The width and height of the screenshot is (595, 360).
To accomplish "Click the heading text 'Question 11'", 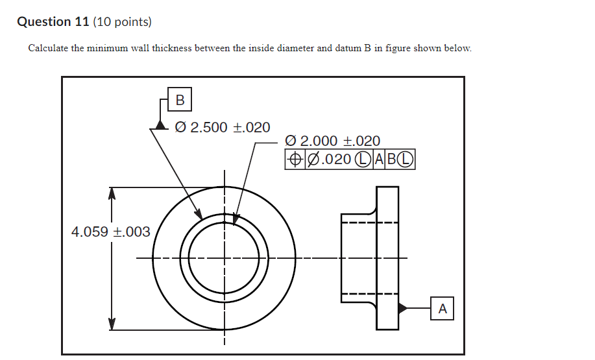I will pos(54,22).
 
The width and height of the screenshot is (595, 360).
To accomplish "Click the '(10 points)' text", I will pos(122,22).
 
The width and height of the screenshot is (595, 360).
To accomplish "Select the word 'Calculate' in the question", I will pos(48,49).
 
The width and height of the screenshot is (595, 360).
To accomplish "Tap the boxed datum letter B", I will pos(180,100).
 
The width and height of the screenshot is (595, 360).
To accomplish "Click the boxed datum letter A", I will pos(443,309).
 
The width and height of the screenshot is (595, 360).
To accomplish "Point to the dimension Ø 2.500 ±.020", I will pos(223,127).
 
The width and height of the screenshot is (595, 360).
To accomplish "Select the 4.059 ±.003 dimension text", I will pos(110,232).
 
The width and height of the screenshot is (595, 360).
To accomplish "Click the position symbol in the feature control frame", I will pos(295,159).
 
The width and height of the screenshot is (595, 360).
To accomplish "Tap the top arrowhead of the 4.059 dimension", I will pos(112,193).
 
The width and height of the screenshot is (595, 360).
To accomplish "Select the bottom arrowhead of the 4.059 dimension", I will pos(112,324).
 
